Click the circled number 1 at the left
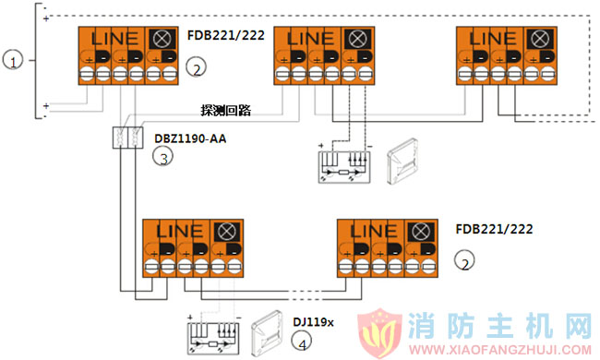tap(12, 61)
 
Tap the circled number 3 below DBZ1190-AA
tap(162, 157)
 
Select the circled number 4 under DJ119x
tap(302, 341)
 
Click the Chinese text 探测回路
tap(227, 109)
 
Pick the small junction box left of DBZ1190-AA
tap(126, 138)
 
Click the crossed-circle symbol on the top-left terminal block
tap(163, 39)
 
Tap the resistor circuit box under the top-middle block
tap(343, 162)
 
